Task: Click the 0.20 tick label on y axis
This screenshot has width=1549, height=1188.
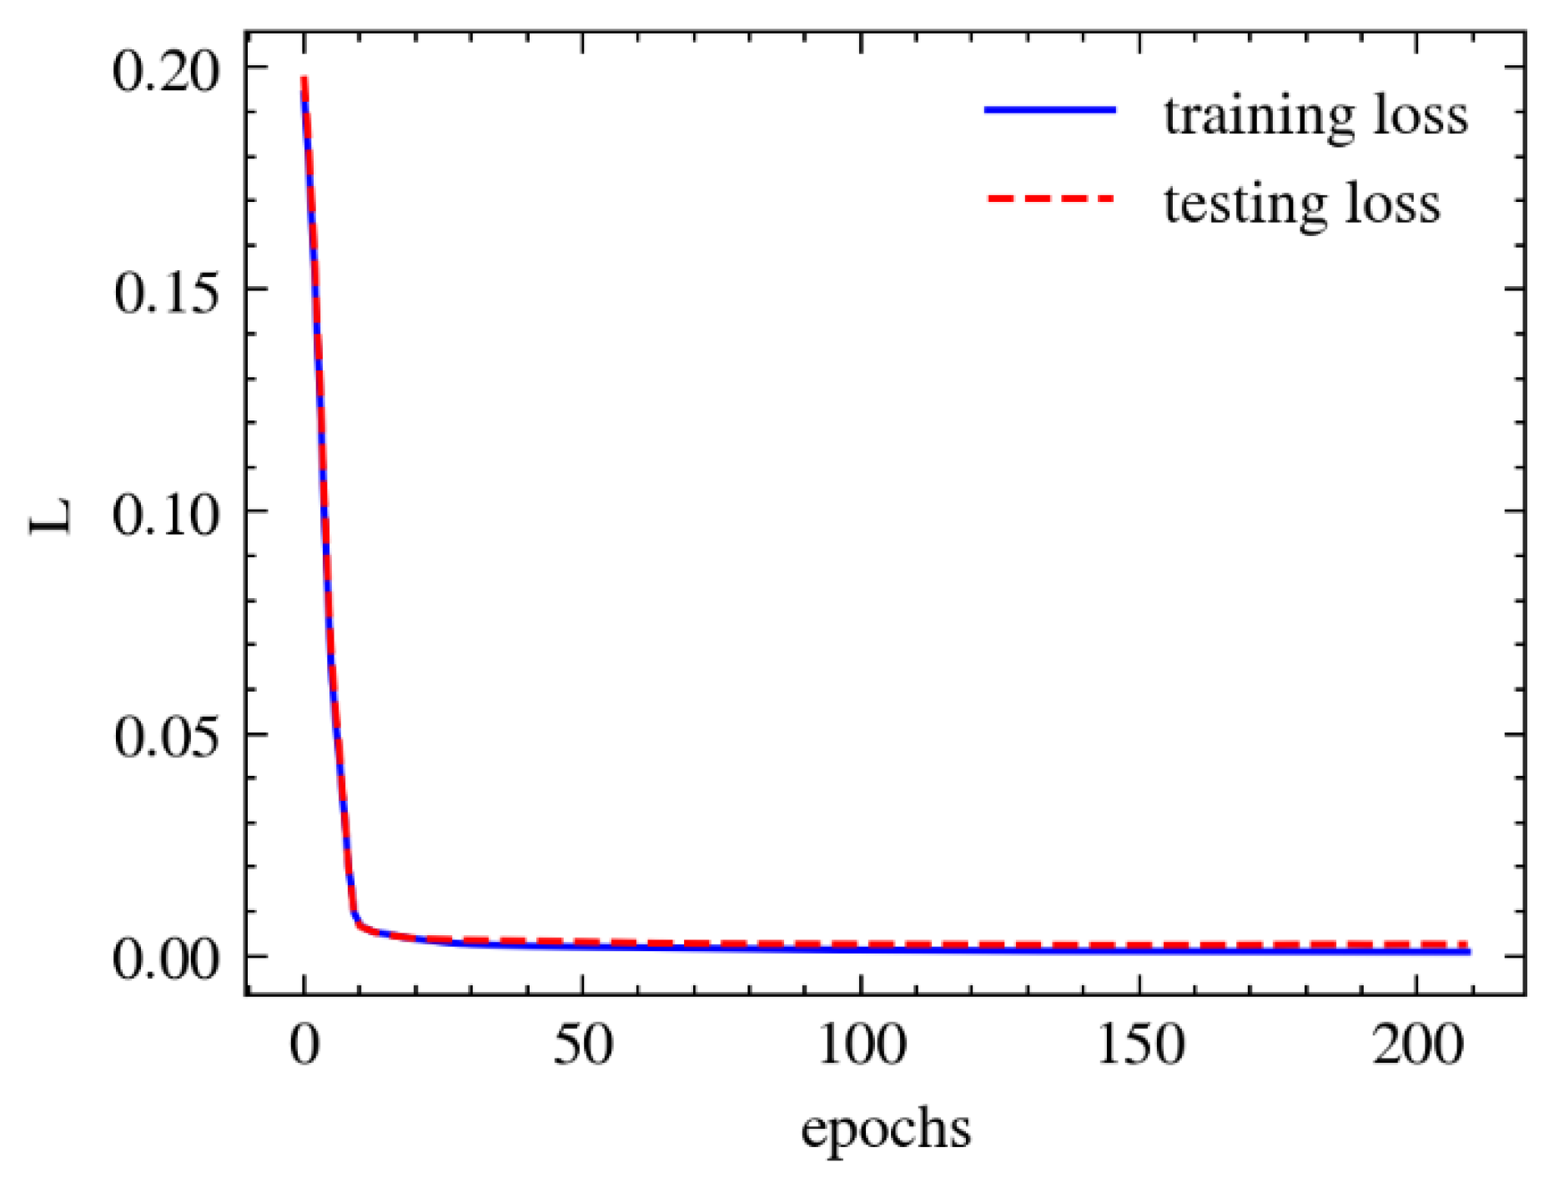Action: [x=164, y=70]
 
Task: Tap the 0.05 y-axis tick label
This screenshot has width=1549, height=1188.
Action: [x=164, y=737]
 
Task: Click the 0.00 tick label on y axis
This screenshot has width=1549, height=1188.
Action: [x=164, y=959]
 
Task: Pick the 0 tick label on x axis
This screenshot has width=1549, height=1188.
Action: [x=304, y=1045]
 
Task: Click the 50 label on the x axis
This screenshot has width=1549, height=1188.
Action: [x=582, y=1045]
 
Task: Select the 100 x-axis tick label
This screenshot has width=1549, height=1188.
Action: [x=860, y=1045]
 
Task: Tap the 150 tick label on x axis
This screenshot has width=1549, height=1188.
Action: [x=1139, y=1045]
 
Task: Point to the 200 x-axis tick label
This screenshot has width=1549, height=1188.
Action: [x=1416, y=1045]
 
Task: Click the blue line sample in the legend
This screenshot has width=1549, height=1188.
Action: [x=1049, y=110]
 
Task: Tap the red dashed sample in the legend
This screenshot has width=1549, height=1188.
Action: [x=1049, y=199]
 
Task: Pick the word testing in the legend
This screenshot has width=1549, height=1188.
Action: [x=1243, y=205]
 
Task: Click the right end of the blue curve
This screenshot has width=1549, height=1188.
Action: [x=1468, y=951]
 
